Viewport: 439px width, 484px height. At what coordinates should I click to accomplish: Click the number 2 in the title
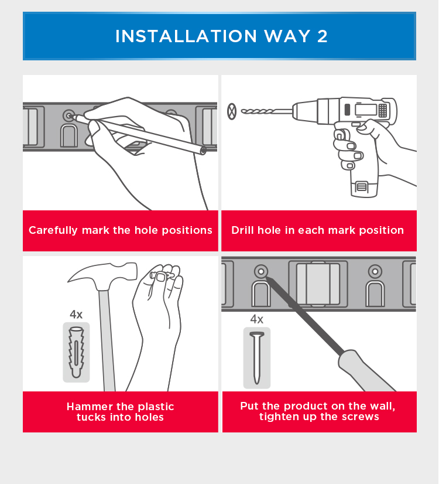[x=322, y=36]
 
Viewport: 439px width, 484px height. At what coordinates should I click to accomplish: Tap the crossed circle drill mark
[x=232, y=111]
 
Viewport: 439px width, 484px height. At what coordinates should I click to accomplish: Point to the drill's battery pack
[x=364, y=188]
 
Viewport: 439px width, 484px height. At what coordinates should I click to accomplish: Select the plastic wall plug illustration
[x=76, y=352]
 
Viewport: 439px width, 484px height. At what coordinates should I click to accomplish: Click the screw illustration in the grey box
[x=257, y=357]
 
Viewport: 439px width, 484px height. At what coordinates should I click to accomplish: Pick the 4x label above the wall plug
[x=76, y=315]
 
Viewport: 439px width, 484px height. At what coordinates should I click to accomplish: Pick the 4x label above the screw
[x=257, y=319]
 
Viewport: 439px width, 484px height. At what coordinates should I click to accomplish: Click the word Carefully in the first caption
[x=53, y=230]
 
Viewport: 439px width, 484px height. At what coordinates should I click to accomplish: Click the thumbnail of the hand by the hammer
[x=160, y=277]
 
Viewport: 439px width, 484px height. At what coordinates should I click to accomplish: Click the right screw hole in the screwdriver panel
[x=375, y=272]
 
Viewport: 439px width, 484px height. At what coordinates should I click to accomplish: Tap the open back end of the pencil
[x=203, y=151]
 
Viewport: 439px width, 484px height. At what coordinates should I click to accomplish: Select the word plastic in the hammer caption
[x=156, y=407]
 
